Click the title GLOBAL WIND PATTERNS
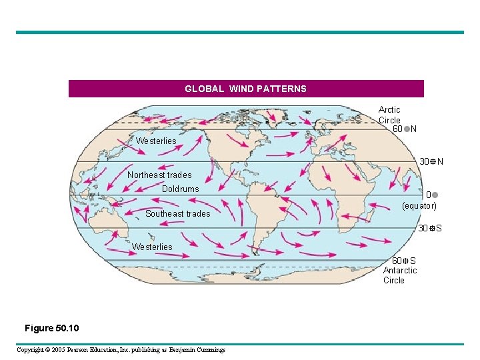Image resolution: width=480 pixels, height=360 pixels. pyautogui.click(x=245, y=89)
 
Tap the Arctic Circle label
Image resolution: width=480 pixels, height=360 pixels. pyautogui.click(x=389, y=115)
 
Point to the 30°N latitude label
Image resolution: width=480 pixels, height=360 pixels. pyautogui.click(x=431, y=162)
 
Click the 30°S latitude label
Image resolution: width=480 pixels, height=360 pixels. pyautogui.click(x=430, y=229)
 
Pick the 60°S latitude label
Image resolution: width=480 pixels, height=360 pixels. pyautogui.click(x=404, y=261)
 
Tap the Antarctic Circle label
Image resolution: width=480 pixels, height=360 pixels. pyautogui.click(x=399, y=275)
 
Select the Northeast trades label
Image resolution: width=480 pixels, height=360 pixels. pyautogui.click(x=159, y=175)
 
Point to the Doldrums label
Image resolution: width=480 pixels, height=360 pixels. pyautogui.click(x=180, y=189)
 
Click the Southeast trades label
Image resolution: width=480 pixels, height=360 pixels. pyautogui.click(x=177, y=214)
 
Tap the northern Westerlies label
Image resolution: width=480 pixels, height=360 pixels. pyautogui.click(x=156, y=141)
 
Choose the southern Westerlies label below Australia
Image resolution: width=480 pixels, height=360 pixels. pyautogui.click(x=152, y=247)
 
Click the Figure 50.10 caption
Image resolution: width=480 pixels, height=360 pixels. pyautogui.click(x=51, y=328)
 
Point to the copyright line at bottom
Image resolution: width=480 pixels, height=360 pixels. pyautogui.click(x=121, y=350)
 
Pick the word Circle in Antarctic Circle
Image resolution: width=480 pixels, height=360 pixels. pyautogui.click(x=394, y=281)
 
